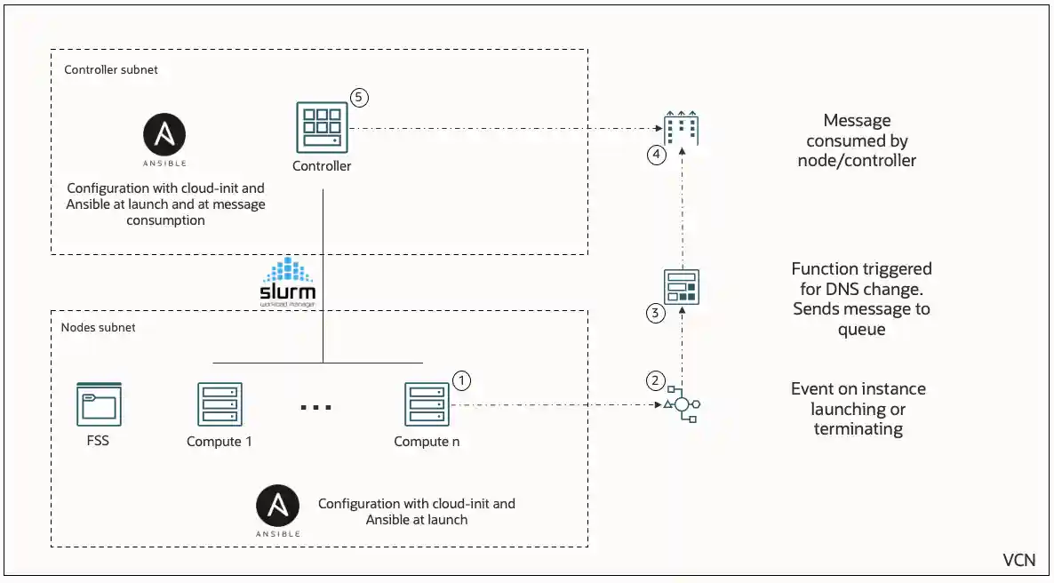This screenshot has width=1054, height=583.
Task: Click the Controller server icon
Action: click(321, 128)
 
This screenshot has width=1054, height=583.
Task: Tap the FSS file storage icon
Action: click(99, 404)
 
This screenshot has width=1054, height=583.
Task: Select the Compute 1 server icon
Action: click(220, 404)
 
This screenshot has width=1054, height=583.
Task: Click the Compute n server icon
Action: click(427, 404)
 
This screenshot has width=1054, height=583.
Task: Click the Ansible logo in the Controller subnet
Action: click(164, 137)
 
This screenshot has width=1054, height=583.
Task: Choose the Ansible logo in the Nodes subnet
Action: click(277, 507)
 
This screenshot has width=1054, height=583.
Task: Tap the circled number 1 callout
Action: click(461, 379)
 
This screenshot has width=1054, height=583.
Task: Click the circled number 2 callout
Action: click(656, 380)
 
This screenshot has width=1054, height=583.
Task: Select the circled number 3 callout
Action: click(656, 313)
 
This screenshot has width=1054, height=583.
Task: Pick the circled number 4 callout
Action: click(656, 155)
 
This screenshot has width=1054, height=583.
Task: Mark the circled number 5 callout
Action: click(359, 97)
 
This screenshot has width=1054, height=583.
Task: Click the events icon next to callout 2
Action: click(682, 404)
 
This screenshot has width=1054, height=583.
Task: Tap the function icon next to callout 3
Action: click(682, 287)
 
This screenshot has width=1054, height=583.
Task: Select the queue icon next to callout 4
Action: click(682, 131)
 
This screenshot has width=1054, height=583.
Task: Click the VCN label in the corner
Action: click(1018, 560)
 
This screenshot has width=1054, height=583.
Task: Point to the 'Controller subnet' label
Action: click(111, 69)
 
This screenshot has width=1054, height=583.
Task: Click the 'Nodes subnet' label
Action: click(98, 327)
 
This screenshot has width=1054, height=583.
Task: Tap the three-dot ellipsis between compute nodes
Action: click(315, 407)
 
